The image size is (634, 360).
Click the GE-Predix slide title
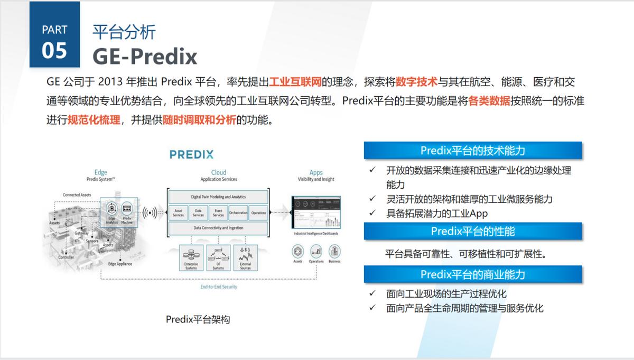pos(145,56)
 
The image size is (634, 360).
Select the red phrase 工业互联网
pos(295,82)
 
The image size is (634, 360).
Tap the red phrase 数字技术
pos(416,82)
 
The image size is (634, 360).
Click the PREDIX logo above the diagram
pos(191,154)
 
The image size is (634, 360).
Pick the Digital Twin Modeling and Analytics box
pos(218,197)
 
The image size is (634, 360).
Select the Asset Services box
pos(178,213)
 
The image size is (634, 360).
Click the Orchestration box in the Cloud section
pos(238,213)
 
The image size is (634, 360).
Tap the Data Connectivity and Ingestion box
pos(218,228)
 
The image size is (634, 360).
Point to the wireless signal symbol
pos(150,213)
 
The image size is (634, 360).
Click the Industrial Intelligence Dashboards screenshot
pos(316,213)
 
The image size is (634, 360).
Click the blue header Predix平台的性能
pos(473,231)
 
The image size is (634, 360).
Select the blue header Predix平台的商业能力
pos(473,274)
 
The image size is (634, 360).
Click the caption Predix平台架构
pos(198,319)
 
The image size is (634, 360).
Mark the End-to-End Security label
pos(219,287)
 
